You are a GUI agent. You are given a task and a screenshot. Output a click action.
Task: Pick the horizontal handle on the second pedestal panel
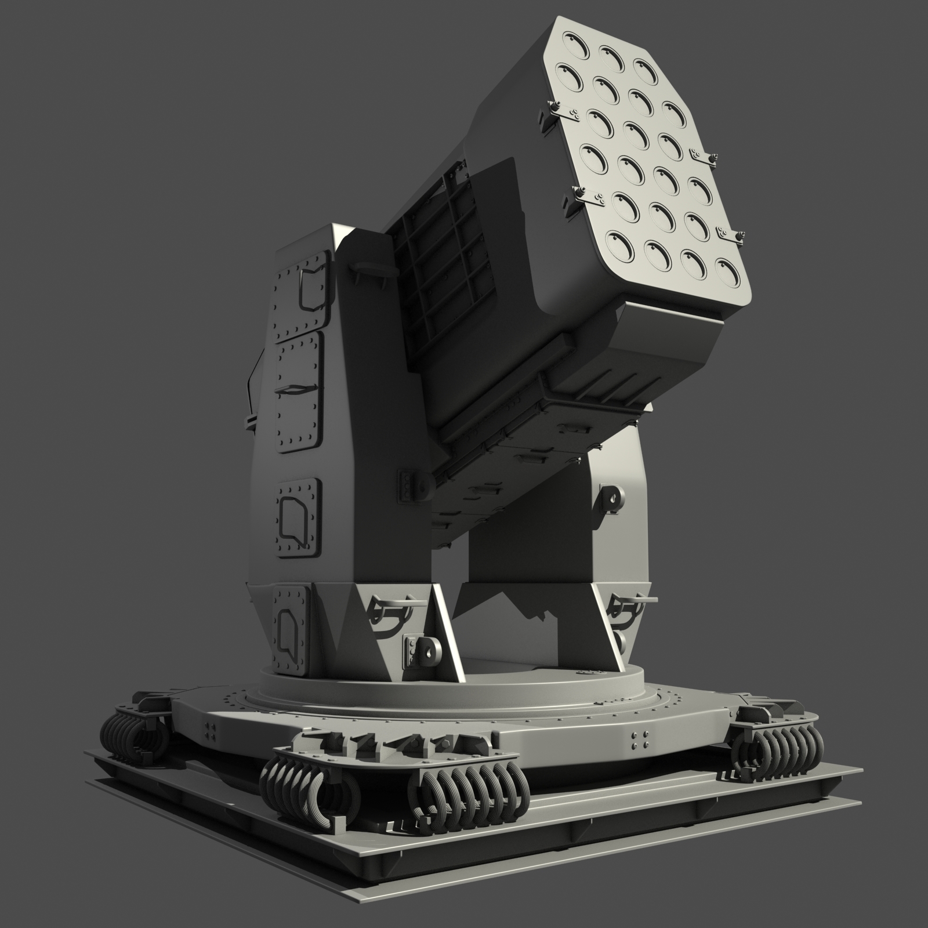296,390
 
